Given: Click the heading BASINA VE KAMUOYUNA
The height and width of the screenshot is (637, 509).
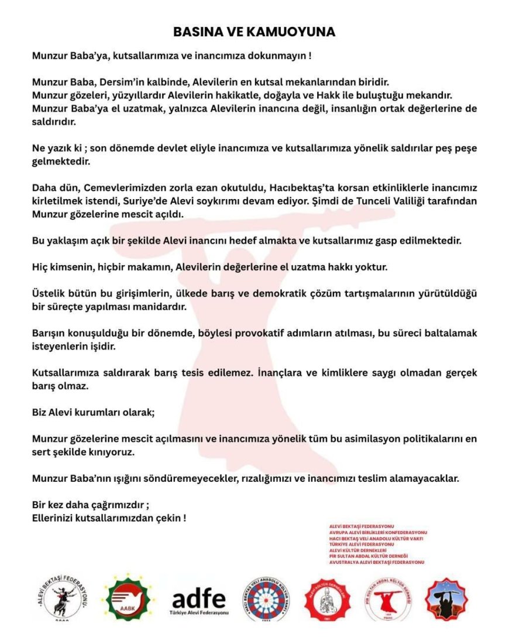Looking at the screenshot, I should coord(254,32).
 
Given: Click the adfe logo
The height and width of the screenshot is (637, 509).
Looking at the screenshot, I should coord(198,600).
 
